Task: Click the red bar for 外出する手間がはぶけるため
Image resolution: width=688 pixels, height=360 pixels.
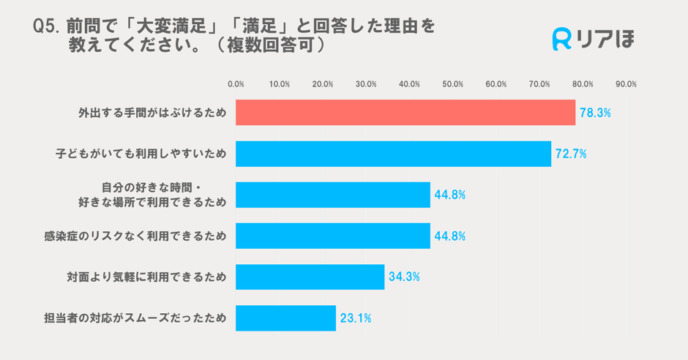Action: (x=405, y=113)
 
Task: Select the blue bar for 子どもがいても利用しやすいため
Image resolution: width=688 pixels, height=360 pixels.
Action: (x=393, y=154)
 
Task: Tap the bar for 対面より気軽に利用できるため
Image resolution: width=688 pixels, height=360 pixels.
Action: (x=310, y=277)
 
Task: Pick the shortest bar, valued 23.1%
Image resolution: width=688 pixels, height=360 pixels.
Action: (x=285, y=318)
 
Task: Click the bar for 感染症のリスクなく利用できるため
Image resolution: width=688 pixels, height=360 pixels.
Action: (x=333, y=236)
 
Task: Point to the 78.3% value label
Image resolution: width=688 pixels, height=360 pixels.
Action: (x=595, y=113)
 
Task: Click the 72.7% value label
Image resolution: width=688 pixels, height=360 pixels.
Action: (x=571, y=154)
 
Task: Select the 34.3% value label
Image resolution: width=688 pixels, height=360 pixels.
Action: (x=404, y=277)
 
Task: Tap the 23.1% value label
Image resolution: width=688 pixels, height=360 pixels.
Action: (x=356, y=318)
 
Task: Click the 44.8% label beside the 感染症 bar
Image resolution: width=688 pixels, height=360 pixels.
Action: (x=450, y=236)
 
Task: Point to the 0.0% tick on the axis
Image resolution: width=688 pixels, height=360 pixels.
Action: (x=236, y=84)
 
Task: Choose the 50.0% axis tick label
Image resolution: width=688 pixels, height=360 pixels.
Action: (x=453, y=84)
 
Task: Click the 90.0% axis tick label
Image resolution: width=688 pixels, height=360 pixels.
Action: (x=626, y=84)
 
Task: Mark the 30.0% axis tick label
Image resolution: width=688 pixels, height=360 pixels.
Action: (x=366, y=84)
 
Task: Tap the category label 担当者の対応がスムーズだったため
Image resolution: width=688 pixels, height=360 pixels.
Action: (x=135, y=318)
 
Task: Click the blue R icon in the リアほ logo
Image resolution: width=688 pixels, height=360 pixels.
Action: (x=562, y=40)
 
